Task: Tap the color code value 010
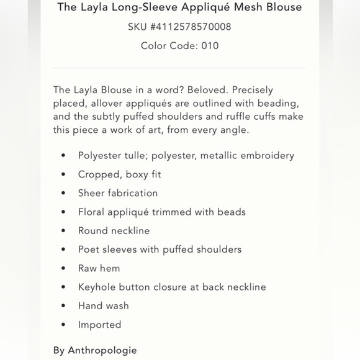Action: (210, 45)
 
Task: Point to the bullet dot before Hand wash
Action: (63, 307)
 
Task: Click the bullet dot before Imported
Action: (63, 325)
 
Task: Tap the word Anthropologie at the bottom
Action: (102, 351)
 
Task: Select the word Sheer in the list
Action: (91, 193)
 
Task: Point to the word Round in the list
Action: (92, 230)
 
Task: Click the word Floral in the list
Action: (92, 212)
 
